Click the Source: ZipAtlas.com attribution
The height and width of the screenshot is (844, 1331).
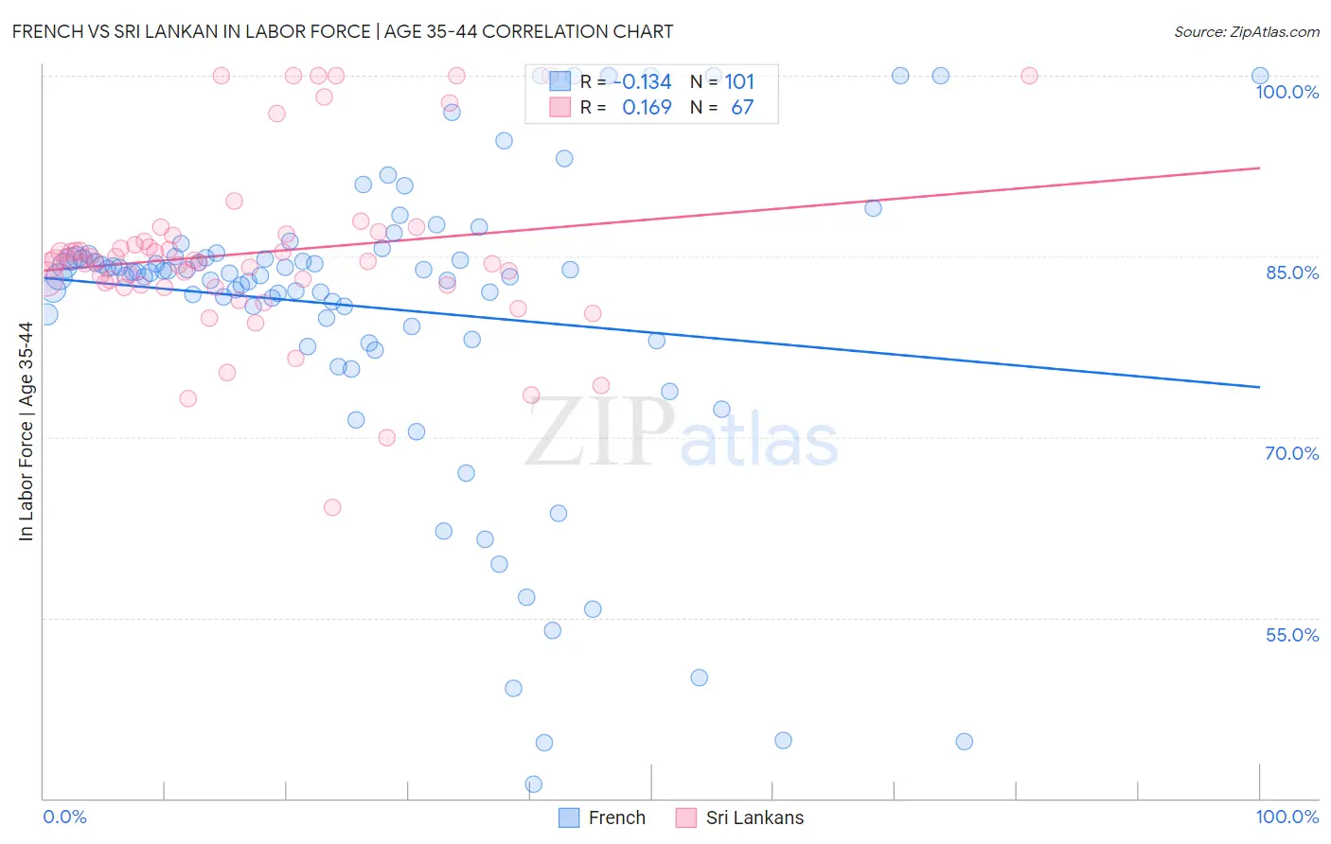coord(1246,32)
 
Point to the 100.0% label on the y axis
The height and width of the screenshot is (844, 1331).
coord(1287,92)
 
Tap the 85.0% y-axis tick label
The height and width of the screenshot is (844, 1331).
coord(1292,273)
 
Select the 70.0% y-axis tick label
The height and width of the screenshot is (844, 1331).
coord(1292,453)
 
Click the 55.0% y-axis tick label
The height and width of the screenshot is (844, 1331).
coord(1292,635)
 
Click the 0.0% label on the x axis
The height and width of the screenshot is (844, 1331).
coord(64,817)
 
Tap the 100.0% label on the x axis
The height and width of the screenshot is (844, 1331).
coord(1287,817)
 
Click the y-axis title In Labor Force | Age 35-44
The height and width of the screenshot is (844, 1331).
coord(26,431)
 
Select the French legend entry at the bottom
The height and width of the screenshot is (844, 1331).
coord(602,818)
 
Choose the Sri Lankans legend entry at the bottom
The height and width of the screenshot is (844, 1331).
coord(740,818)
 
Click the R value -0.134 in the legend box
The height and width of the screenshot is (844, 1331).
coord(647,82)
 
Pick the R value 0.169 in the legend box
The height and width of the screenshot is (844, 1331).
coord(647,108)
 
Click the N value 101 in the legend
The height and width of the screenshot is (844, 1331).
coord(739,82)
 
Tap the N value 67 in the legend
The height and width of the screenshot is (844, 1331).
coord(742,108)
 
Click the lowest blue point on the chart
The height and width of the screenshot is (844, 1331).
coord(534,783)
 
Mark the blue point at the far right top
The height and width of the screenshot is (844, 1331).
coord(1260,76)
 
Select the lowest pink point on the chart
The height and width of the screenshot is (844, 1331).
coord(332,507)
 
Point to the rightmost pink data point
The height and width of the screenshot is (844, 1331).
coord(1029,76)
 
